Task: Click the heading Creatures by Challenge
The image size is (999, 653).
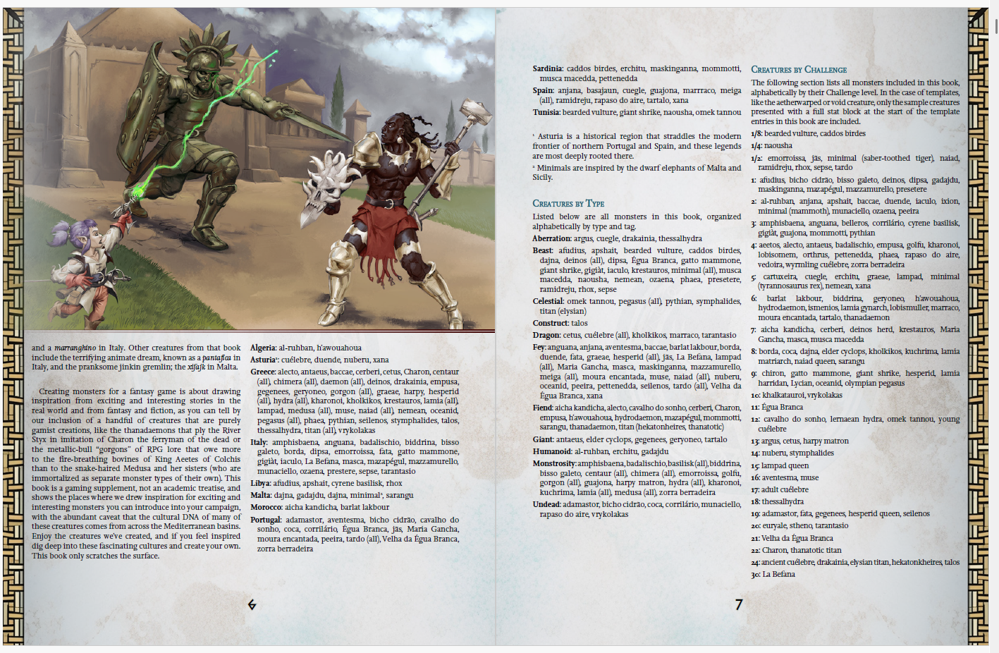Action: (798, 70)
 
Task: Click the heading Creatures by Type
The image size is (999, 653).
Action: (568, 204)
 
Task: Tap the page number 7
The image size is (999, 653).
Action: (739, 604)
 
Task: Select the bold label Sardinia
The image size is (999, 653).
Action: (547, 69)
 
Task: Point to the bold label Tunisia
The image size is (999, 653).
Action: (546, 112)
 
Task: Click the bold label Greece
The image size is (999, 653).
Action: (262, 372)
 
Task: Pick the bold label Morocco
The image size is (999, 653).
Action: (266, 507)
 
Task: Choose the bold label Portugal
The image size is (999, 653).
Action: (265, 520)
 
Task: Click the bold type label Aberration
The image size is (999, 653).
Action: (551, 238)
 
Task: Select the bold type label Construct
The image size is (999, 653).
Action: (551, 323)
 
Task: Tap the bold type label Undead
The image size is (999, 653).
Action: (547, 504)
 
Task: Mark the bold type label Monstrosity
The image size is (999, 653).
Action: (554, 463)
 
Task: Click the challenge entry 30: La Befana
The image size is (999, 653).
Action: (773, 574)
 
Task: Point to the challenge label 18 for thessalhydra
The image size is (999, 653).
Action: (755, 501)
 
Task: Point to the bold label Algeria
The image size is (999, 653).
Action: (263, 348)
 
